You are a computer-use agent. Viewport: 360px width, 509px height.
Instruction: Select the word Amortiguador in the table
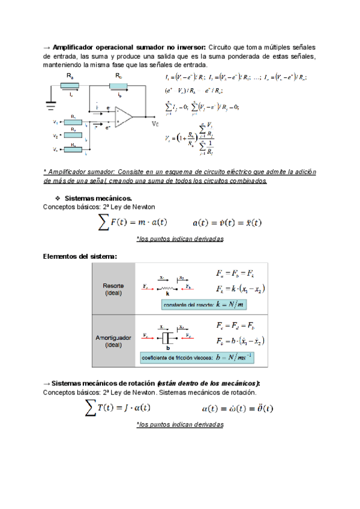pos(113,338)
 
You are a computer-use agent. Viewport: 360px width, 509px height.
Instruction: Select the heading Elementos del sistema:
pos(80,256)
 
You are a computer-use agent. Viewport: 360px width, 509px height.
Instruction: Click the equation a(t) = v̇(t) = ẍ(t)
pos(227,223)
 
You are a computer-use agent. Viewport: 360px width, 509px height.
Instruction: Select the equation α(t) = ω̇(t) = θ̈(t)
pos(238,408)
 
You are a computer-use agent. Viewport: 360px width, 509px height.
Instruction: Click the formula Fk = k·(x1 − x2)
pos(241,289)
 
